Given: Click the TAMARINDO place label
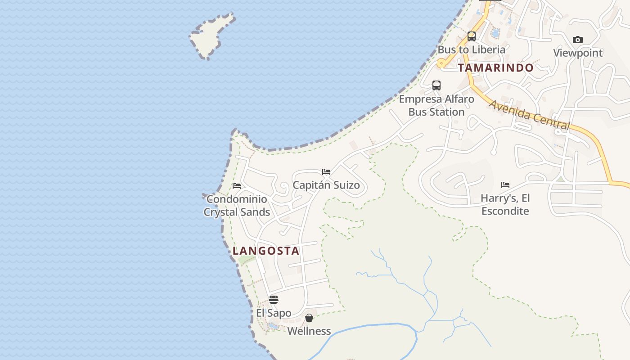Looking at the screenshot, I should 495,68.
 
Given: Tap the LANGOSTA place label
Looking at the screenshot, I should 266,251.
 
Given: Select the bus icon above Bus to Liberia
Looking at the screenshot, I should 472,36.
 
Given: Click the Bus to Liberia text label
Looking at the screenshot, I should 471,49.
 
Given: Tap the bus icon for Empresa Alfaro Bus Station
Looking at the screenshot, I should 436,85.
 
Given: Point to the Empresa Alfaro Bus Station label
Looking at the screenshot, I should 436,105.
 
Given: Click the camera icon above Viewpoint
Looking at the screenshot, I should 578,40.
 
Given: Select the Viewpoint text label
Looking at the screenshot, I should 578,53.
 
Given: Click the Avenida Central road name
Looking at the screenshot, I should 529,115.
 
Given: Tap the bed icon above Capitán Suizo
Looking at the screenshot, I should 326,172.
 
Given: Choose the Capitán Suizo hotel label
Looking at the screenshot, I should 326,185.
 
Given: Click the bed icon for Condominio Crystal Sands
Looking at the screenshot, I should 237,186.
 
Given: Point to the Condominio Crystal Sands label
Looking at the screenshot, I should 237,206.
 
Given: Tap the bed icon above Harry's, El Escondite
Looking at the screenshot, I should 505,185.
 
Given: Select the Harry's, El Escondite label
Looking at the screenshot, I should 505,204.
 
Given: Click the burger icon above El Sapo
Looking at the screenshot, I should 274,300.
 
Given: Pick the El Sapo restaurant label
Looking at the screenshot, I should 274,313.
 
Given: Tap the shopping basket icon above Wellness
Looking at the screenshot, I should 309,318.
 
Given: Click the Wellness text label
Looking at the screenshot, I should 309,331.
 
